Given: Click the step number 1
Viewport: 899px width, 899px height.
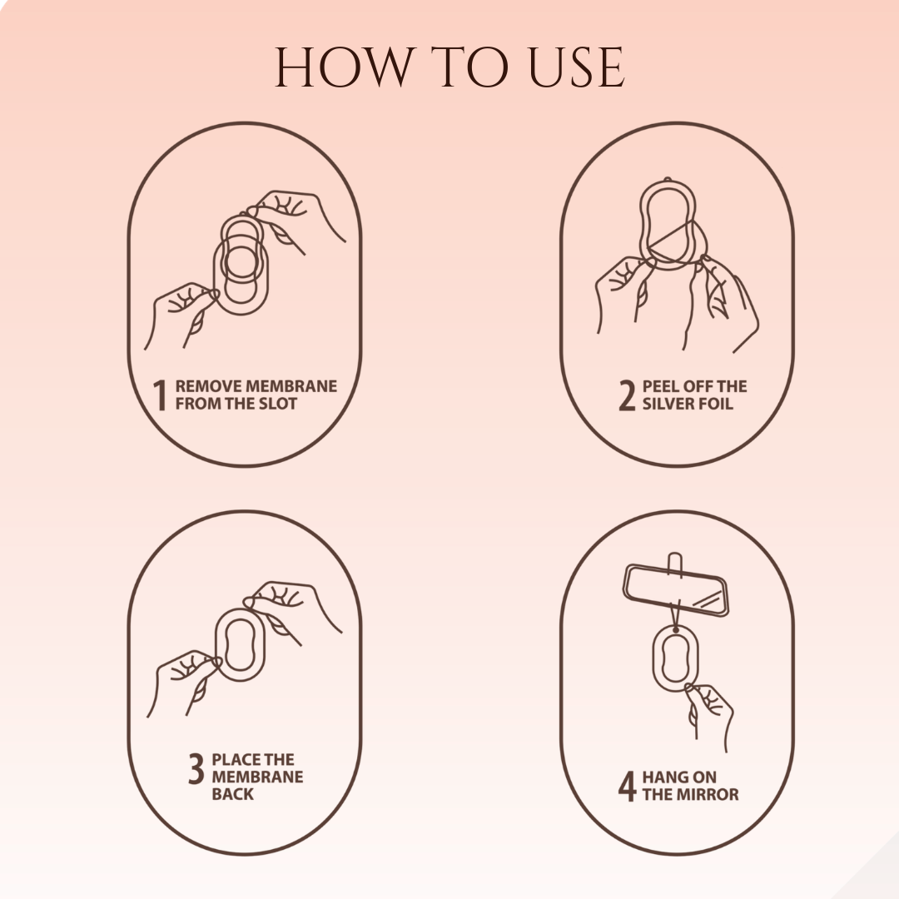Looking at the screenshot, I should click(x=161, y=395).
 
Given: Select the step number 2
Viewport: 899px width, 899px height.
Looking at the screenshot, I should click(x=627, y=395).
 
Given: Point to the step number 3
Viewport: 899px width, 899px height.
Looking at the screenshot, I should click(x=196, y=769).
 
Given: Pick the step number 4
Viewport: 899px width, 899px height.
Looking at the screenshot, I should click(x=627, y=786).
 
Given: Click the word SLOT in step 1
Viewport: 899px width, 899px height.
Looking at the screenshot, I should click(x=277, y=404).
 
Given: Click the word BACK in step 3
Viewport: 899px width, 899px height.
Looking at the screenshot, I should click(x=232, y=794).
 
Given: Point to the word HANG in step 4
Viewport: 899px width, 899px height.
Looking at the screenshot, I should click(x=663, y=777).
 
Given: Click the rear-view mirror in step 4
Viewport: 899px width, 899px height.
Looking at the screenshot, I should click(x=675, y=591).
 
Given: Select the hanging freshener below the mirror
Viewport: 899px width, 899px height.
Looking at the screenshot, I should click(x=676, y=658).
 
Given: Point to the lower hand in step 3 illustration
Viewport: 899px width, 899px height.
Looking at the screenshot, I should click(x=185, y=678).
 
